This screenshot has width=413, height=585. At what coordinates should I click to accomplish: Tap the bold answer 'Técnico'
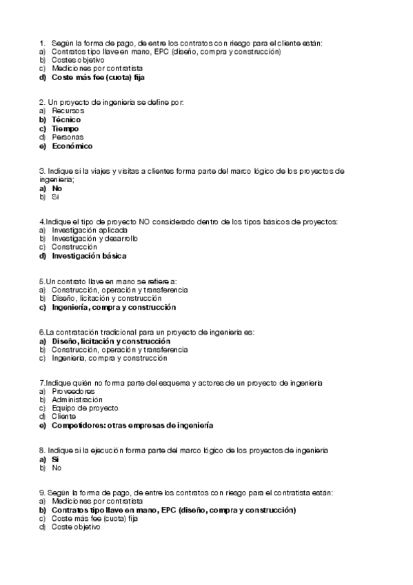pos(66,119)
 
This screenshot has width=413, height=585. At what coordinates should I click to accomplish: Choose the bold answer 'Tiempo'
pos(65,128)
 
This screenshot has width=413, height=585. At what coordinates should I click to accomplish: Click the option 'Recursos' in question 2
pos(68,110)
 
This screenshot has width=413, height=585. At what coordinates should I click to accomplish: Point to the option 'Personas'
pos(68,137)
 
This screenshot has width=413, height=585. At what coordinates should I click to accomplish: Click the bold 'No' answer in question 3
pos(57,188)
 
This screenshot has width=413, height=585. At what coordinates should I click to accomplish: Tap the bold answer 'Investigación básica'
pos(89,256)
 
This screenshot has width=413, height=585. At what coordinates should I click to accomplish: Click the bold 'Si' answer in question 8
pos(55,459)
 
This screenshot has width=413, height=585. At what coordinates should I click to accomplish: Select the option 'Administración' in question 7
pos(77,399)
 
